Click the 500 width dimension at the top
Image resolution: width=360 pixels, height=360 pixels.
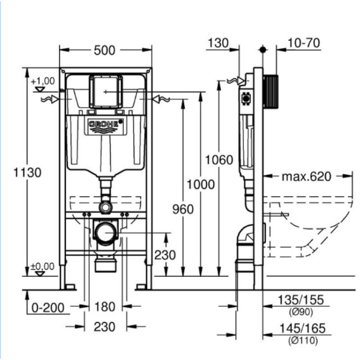[104, 50]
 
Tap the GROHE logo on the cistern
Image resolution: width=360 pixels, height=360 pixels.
[106, 124]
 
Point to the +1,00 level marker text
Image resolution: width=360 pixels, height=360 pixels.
[43, 81]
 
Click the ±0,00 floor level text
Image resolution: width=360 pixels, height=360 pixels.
[43, 266]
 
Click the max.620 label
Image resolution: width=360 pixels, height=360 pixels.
[306, 176]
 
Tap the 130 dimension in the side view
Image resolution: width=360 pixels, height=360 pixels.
[219, 43]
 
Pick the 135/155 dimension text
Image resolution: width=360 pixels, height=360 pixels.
[301, 301]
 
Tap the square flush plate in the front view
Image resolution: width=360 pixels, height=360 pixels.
[106, 91]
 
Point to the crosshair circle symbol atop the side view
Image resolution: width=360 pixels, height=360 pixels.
[263, 49]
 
